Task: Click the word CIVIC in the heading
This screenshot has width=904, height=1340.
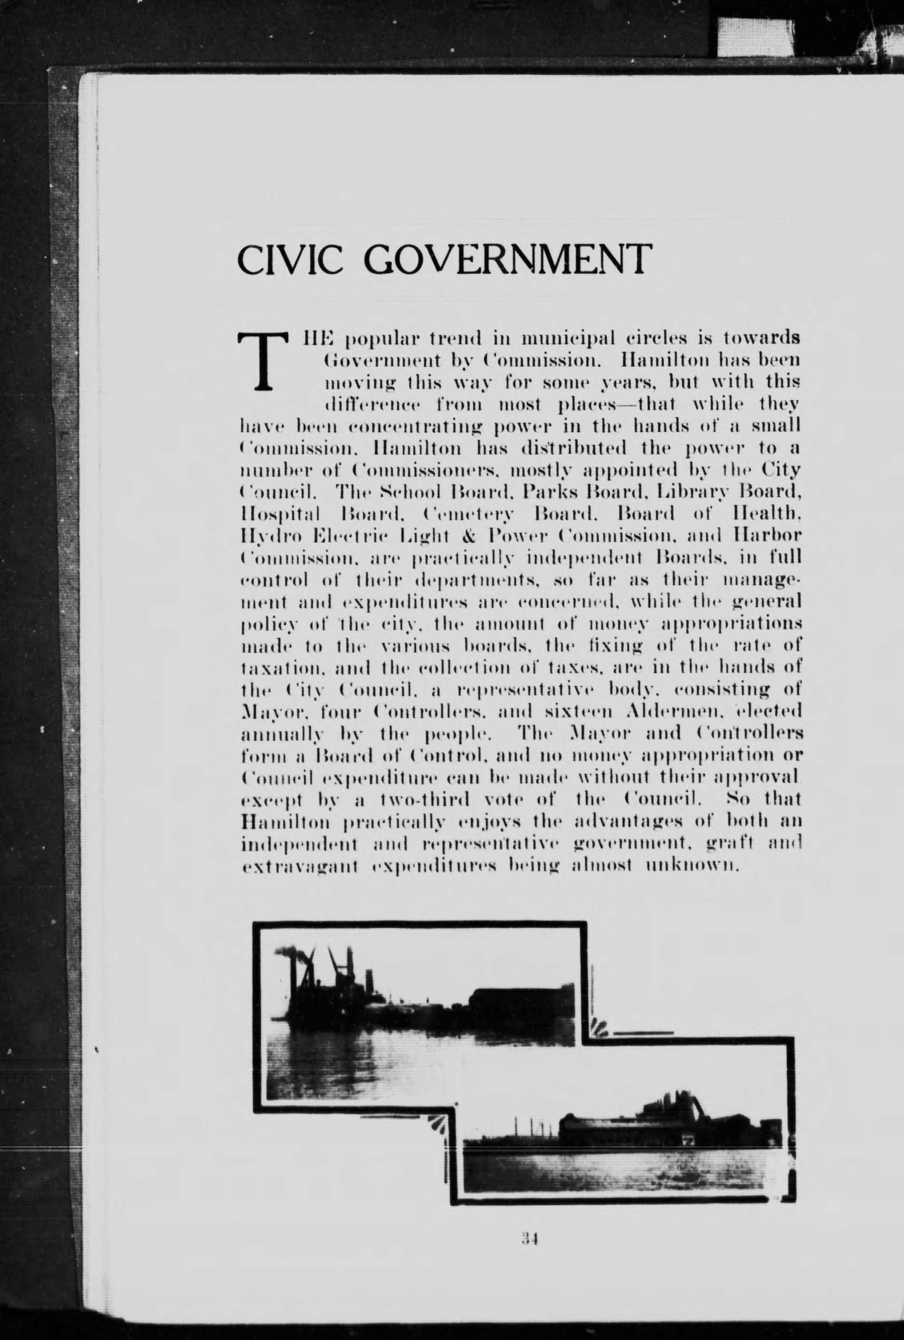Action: [x=295, y=260]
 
